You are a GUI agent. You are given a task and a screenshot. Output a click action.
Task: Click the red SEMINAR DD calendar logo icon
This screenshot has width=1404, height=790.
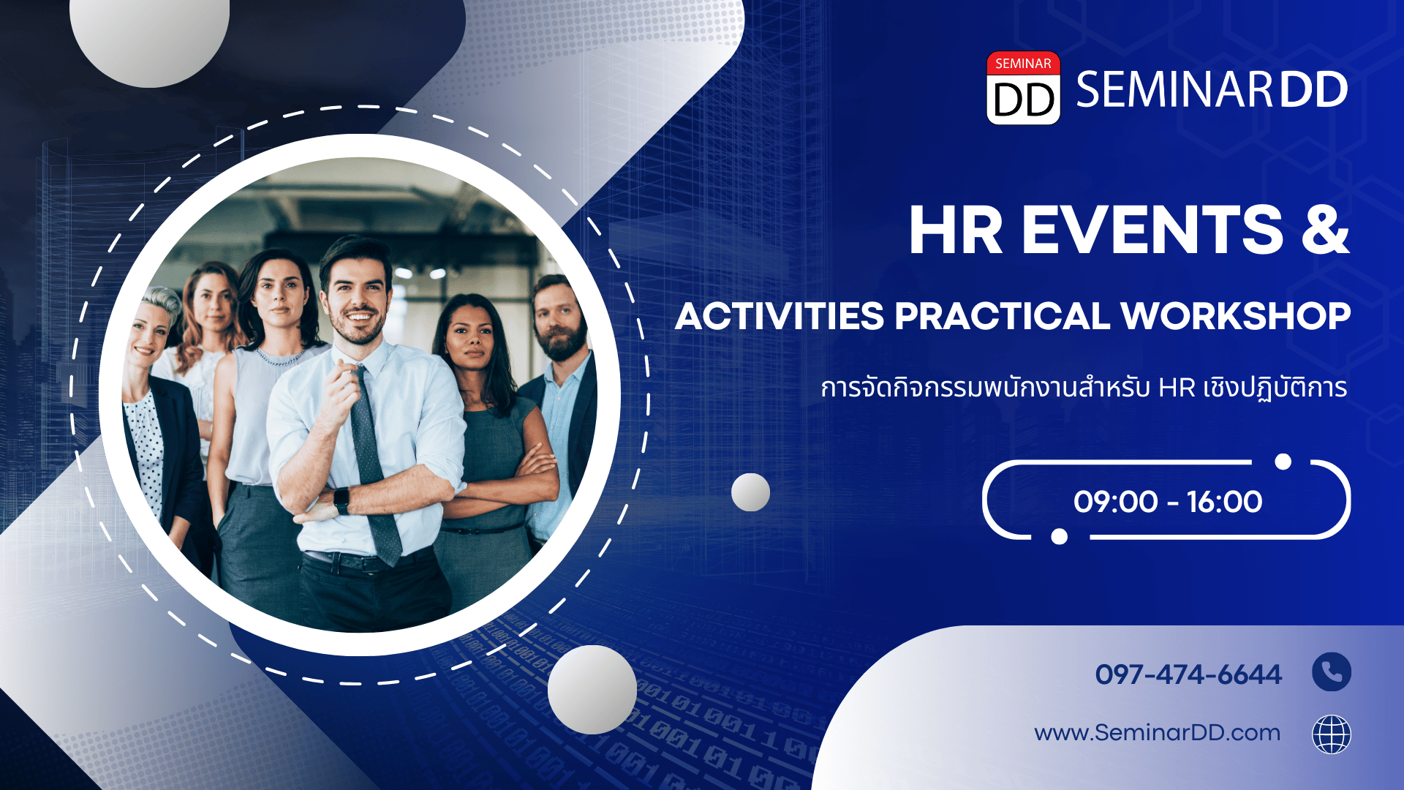coord(1023,88)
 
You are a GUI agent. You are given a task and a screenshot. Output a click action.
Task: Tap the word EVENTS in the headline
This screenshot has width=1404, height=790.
coord(1152,230)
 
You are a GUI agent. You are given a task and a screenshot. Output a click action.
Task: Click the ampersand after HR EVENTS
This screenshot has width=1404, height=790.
coord(1325,230)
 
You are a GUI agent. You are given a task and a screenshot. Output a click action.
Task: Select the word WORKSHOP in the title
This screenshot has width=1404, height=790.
coord(1235,316)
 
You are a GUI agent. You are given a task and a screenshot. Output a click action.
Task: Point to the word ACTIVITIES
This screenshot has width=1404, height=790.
coord(780,316)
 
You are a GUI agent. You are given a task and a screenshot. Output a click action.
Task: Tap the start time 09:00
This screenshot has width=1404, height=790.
coord(1115,502)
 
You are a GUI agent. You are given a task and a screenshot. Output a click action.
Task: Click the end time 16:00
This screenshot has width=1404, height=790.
coord(1225,502)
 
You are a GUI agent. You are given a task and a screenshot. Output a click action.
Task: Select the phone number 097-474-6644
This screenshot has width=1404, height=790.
coord(1188,674)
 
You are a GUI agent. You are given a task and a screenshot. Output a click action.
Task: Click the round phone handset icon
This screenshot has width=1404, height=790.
coord(1332,671)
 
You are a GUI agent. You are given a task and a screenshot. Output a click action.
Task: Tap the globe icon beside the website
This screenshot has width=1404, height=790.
coord(1332,734)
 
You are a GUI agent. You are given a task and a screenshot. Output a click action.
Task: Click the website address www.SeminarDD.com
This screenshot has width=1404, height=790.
coord(1157,733)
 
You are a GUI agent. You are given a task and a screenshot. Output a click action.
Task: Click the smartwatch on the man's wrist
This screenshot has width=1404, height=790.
coord(341,500)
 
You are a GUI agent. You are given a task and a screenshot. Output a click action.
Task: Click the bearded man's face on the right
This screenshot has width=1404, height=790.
coord(559,318)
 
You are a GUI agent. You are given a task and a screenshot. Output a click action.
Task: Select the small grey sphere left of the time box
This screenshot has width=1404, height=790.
coord(750,492)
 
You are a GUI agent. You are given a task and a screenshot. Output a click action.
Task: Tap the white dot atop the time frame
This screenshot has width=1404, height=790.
coord(1283,462)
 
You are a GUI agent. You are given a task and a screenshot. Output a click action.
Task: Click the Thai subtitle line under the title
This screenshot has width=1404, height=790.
coord(1084,388)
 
